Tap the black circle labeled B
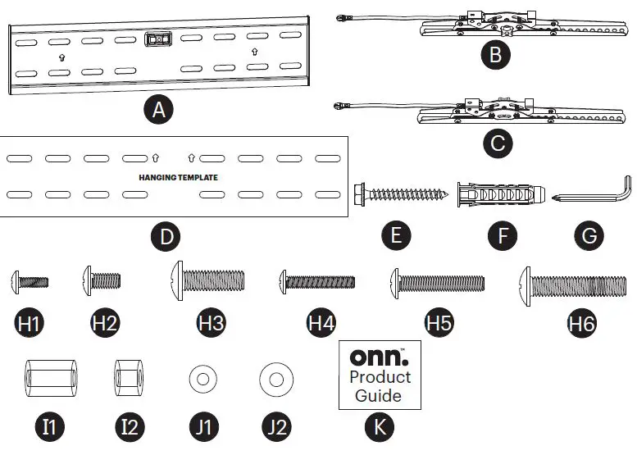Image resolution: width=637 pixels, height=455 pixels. (x=496, y=56)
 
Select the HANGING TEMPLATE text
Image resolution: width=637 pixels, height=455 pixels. (x=178, y=176)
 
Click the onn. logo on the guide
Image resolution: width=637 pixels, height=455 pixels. (x=379, y=357)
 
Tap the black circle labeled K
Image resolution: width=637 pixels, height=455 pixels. (x=379, y=426)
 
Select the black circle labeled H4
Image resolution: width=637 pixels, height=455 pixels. (x=321, y=322)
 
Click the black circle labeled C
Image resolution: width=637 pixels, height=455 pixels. (x=498, y=143)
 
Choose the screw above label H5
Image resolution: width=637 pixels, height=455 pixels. (x=437, y=283)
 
